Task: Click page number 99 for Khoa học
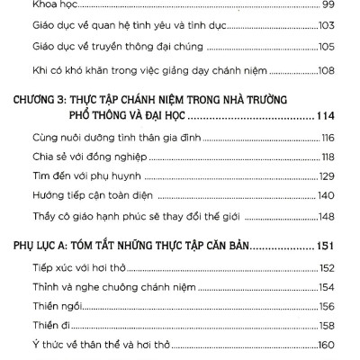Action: point(328,5)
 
